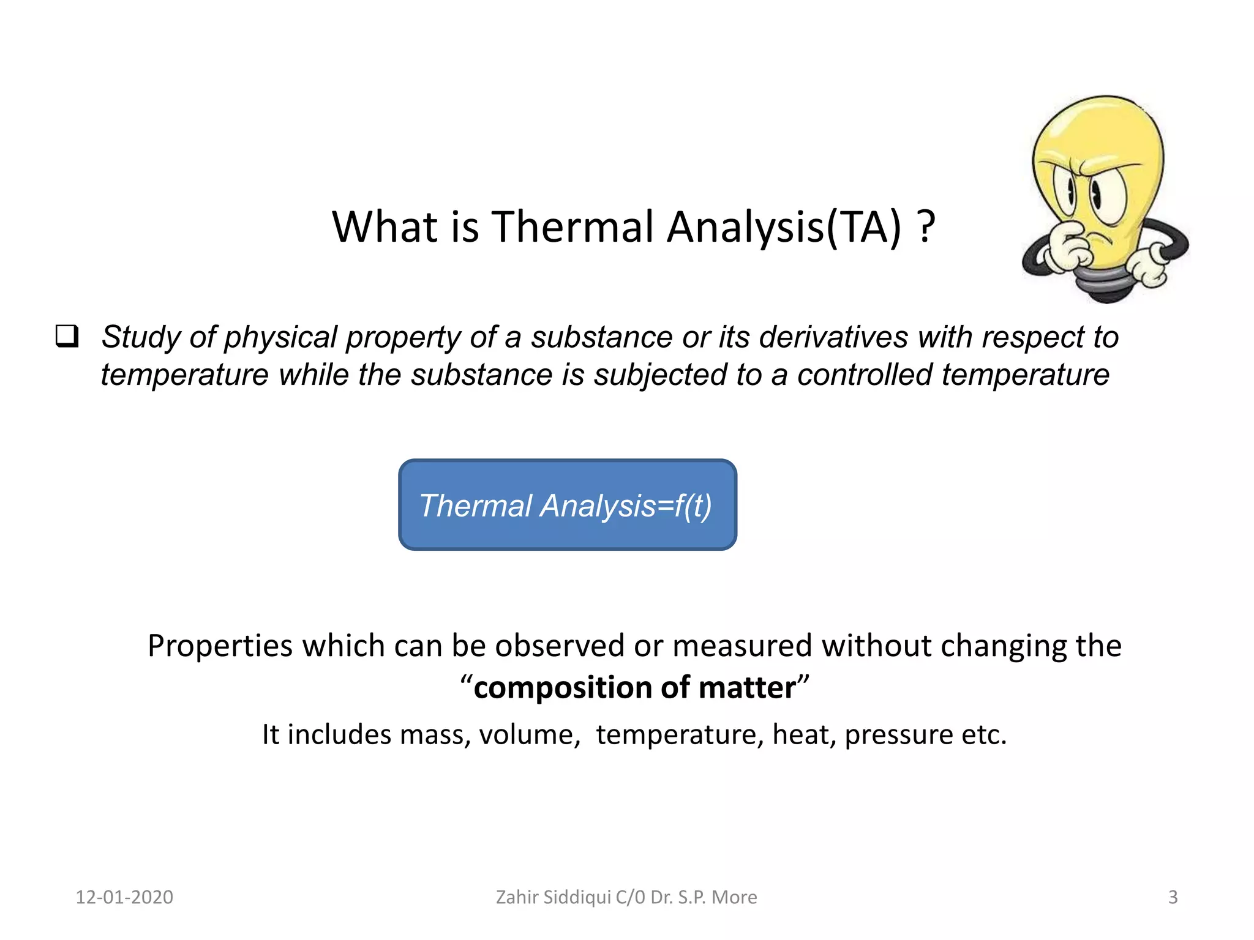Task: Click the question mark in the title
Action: [x=926, y=227]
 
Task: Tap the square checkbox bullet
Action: [x=67, y=336]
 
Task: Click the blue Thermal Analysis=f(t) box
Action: [x=567, y=505]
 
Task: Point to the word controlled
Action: [x=864, y=375]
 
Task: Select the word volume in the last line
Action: [x=529, y=734]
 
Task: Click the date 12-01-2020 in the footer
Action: [x=124, y=897]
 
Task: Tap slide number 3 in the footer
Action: [x=1173, y=897]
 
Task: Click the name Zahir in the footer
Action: [x=516, y=897]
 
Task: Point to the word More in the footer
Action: [x=735, y=897]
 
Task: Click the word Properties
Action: [x=220, y=646]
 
